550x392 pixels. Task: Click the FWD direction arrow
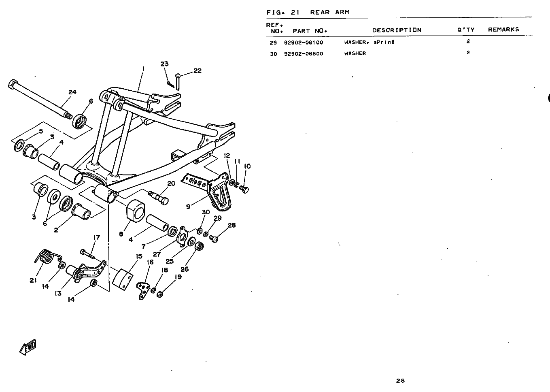(x=28, y=347)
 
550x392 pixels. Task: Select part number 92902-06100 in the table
(x=304, y=43)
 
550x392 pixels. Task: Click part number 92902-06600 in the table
(x=304, y=54)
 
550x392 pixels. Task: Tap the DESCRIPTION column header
(x=397, y=30)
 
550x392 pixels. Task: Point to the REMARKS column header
(x=503, y=30)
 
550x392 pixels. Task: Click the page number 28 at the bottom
(x=400, y=380)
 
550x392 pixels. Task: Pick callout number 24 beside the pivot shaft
(x=72, y=92)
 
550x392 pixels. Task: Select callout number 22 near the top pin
(x=197, y=71)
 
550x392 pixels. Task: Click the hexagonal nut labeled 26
(x=199, y=246)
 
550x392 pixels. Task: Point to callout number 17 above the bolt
(x=96, y=237)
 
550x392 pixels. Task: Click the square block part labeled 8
(x=136, y=211)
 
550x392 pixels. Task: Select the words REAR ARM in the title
(x=330, y=12)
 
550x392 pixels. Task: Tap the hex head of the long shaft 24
(x=13, y=84)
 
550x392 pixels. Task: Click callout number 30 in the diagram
(x=206, y=212)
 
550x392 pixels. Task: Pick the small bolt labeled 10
(x=244, y=189)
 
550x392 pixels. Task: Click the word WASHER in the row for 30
(x=355, y=53)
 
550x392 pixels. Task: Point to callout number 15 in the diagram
(x=139, y=256)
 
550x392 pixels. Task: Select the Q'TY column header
(x=466, y=30)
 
